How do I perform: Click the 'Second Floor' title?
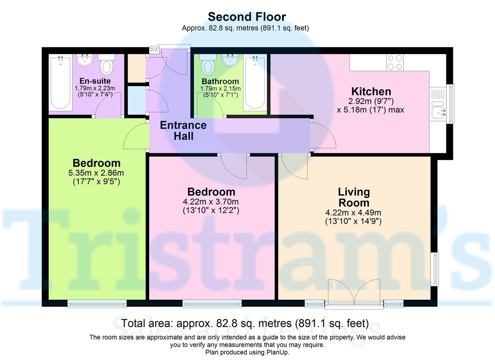pyautogui.click(x=247, y=16)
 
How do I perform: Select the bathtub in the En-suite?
pyautogui.click(x=61, y=82)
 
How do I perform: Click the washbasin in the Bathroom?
pyautogui.click(x=229, y=61)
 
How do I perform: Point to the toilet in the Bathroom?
pyautogui.click(x=207, y=65)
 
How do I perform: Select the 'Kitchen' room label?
pyautogui.click(x=371, y=91)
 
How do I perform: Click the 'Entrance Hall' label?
pyautogui.click(x=183, y=130)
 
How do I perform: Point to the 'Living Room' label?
pyautogui.click(x=354, y=197)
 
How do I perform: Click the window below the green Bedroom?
pyautogui.click(x=97, y=304)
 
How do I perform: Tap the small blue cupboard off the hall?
pyautogui.click(x=136, y=100)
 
